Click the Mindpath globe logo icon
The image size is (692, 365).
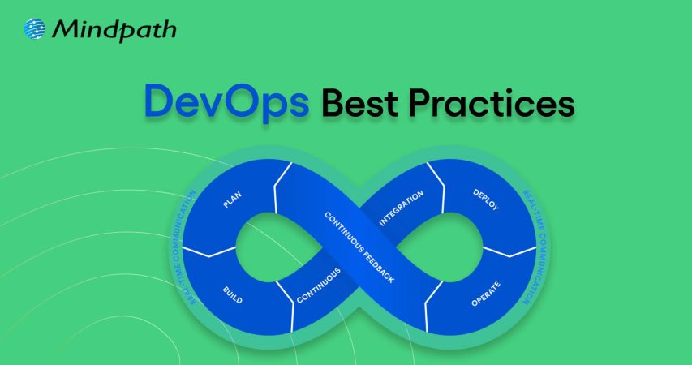(x=34, y=29)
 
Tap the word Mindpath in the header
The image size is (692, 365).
(x=114, y=31)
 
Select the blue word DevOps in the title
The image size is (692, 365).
(x=226, y=102)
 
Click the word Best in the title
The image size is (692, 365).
(x=359, y=103)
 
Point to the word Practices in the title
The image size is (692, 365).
(x=491, y=103)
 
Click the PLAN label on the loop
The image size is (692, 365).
(x=232, y=200)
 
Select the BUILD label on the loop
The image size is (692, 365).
(x=233, y=294)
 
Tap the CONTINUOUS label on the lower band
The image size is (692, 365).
(x=318, y=286)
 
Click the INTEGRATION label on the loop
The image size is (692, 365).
(x=402, y=208)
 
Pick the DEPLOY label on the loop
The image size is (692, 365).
(x=486, y=200)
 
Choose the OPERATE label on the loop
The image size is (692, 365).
(x=486, y=294)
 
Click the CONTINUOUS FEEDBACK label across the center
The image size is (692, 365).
(x=359, y=247)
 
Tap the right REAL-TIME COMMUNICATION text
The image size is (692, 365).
(x=534, y=247)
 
